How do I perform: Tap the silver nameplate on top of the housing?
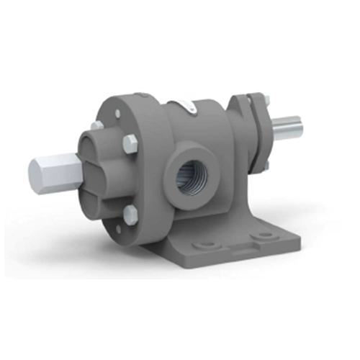click(x=186, y=107)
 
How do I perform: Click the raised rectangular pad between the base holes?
click(x=238, y=241)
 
